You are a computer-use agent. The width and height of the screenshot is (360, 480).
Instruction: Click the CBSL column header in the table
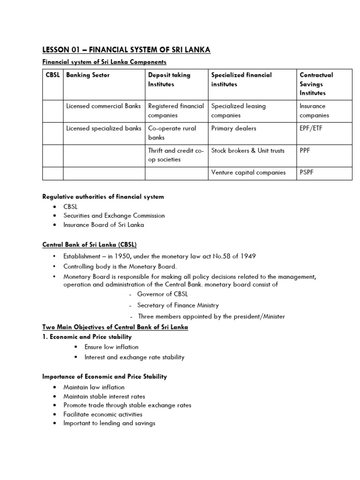pyautogui.click(x=52, y=75)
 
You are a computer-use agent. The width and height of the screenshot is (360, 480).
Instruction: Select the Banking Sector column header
pyautogui.click(x=88, y=75)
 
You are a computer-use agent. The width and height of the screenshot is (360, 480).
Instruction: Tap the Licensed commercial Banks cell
pyautogui.click(x=103, y=106)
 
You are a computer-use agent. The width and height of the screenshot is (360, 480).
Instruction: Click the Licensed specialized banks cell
pyautogui.click(x=103, y=128)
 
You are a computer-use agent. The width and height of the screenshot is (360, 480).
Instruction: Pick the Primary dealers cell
pyautogui.click(x=233, y=128)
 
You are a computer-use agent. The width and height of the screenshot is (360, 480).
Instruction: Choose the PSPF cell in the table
pyautogui.click(x=307, y=172)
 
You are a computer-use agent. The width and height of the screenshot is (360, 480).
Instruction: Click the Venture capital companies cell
pyautogui.click(x=248, y=172)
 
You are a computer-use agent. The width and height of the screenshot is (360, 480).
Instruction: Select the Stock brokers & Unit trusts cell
pyautogui.click(x=247, y=150)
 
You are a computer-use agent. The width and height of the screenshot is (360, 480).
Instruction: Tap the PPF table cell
pyautogui.click(x=306, y=150)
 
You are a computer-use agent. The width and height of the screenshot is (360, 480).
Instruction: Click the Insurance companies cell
pyautogui.click(x=315, y=111)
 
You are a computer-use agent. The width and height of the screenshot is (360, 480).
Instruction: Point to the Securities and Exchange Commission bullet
pyautogui.click(x=114, y=216)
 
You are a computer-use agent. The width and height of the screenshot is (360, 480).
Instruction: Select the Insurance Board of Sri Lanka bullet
pyautogui.click(x=104, y=225)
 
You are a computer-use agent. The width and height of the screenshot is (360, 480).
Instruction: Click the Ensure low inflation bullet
pyautogui.click(x=111, y=347)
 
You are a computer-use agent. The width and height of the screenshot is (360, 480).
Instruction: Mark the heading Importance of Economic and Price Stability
pyautogui.click(x=105, y=376)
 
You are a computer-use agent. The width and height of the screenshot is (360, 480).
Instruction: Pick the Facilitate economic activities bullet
pyautogui.click(x=103, y=414)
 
